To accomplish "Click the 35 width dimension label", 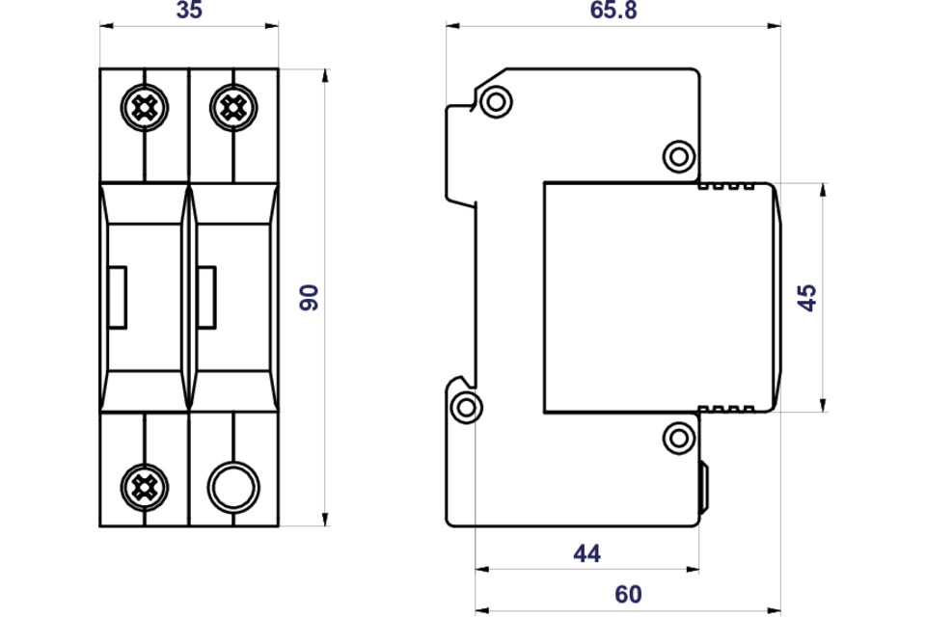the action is tap(189, 10).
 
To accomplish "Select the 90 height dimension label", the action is tap(309, 297).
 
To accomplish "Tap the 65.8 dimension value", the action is tap(613, 10).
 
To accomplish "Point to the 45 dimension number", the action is tap(806, 297).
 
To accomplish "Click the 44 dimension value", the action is tap(587, 553).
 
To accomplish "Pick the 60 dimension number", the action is tap(628, 594).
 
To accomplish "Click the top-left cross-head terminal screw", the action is tap(144, 107).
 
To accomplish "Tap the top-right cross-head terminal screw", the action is tap(233, 107).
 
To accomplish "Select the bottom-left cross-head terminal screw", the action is tap(144, 488).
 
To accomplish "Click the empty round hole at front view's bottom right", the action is tap(233, 488).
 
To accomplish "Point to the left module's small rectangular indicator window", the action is tap(117, 297).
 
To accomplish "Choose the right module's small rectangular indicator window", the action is tap(206, 297).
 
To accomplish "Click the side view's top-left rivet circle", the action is tap(496, 101).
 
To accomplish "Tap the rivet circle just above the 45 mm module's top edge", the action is tap(679, 156).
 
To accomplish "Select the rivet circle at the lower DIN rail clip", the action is tap(466, 408).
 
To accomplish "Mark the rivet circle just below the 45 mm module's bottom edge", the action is tap(679, 438).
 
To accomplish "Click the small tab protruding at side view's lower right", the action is tap(704, 487).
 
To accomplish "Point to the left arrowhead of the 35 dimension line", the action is tap(106, 25).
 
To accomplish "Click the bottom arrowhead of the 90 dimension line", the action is tap(325, 520).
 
